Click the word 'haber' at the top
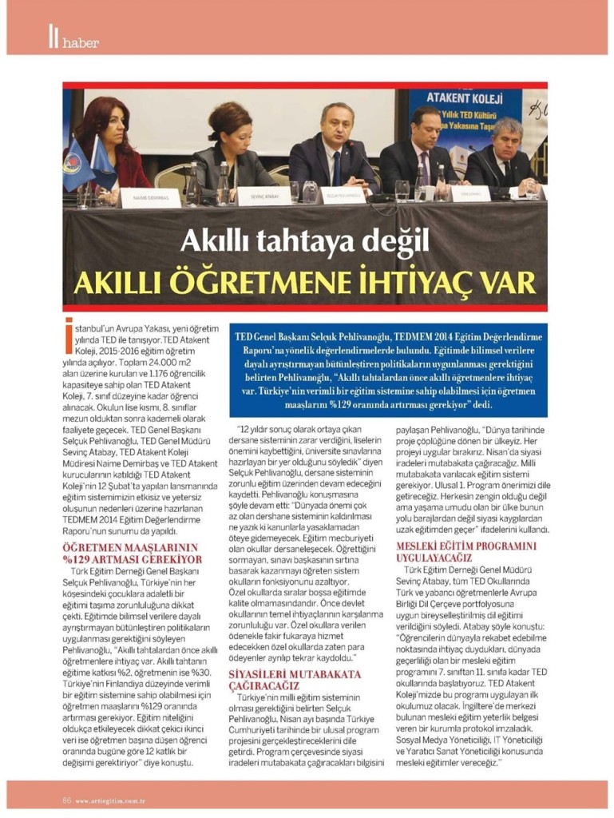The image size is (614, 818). tap(80, 42)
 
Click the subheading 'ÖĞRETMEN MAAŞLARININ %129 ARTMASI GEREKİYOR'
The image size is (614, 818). tap(131, 552)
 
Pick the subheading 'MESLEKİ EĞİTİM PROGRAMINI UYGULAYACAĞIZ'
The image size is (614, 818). tap(465, 551)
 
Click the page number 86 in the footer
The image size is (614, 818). tap(68, 800)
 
